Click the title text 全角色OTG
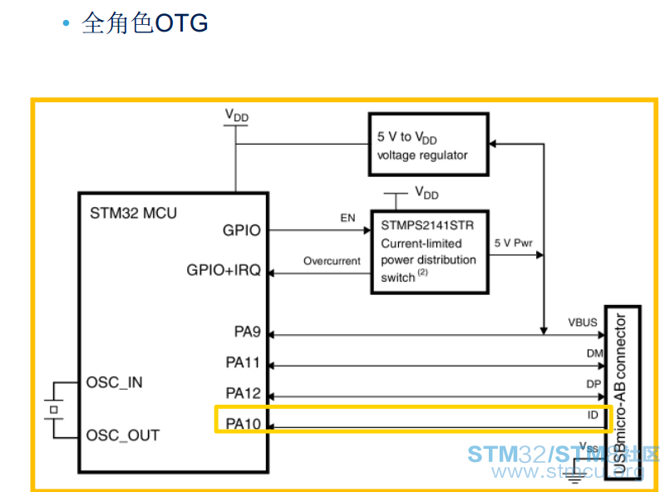[x=145, y=23]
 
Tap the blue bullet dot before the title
[x=66, y=23]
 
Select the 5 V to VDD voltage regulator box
[x=428, y=145]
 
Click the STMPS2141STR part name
[x=427, y=225]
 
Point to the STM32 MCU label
[x=133, y=213]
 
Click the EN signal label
[x=347, y=218]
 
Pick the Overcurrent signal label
[x=332, y=261]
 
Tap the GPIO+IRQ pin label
[x=224, y=270]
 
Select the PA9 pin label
[x=247, y=332]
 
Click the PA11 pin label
[x=243, y=362]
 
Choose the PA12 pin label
[x=243, y=393]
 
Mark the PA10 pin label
[x=243, y=423]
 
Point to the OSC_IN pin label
[x=114, y=382]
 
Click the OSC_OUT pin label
[x=122, y=435]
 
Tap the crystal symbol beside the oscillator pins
[x=54, y=410]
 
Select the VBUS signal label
[x=583, y=322]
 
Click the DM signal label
[x=594, y=353]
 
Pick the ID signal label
[x=593, y=415]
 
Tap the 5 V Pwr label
[x=513, y=243]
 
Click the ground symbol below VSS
[x=574, y=478]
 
